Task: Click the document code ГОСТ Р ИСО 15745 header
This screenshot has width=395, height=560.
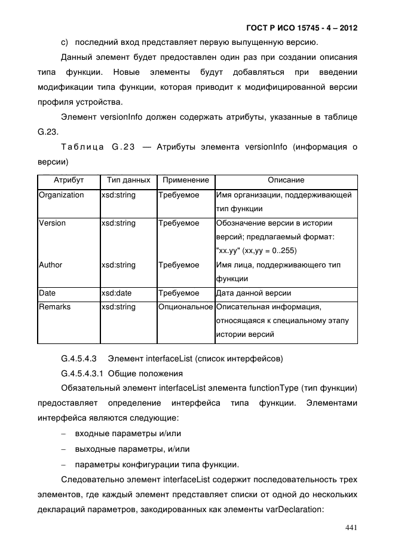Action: tap(302, 28)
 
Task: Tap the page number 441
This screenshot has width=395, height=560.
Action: tap(350, 527)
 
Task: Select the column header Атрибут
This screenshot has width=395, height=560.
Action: tap(69, 180)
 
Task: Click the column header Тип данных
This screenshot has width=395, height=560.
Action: tap(128, 180)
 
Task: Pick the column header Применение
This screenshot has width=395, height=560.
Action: tap(185, 180)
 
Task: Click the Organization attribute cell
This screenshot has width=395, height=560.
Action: tap(61, 195)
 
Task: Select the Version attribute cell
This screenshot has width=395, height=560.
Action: tap(52, 223)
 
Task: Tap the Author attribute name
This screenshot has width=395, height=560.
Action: tap(50, 265)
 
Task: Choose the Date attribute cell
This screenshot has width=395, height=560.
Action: tap(47, 293)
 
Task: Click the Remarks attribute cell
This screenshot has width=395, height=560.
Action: tap(54, 307)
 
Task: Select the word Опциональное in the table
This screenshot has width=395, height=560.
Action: tap(185, 307)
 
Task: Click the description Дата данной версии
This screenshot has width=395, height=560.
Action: tap(253, 293)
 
